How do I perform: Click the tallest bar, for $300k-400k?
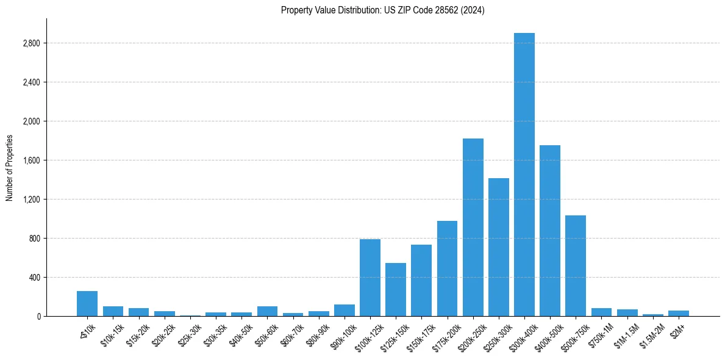tap(524, 175)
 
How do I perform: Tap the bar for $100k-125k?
tap(370, 278)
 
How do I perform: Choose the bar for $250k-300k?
tap(499, 247)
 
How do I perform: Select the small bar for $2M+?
tap(679, 313)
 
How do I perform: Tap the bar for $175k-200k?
tap(447, 268)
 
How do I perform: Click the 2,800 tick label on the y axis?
tap(32, 43)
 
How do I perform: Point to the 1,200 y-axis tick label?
tap(32, 200)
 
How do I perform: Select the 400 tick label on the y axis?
tap(35, 278)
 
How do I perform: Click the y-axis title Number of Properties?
tap(10, 168)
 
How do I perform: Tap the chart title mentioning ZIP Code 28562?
tap(383, 10)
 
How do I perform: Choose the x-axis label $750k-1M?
tap(601, 333)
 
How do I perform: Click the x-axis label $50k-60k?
tap(267, 333)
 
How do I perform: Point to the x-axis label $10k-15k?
tap(113, 333)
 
